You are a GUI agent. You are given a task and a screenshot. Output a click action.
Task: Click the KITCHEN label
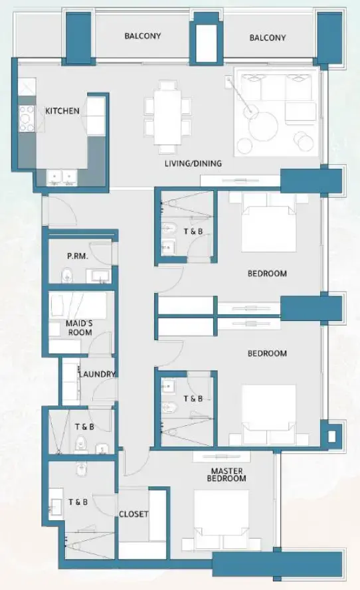[62, 111]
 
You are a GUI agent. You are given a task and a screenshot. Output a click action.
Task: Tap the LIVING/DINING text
[193, 163]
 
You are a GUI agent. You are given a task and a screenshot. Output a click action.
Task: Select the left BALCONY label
[143, 36]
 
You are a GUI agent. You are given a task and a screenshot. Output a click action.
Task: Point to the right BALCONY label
[268, 38]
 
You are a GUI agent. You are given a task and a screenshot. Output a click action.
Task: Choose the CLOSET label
[134, 514]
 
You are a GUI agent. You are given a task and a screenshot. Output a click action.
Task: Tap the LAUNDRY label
[96, 375]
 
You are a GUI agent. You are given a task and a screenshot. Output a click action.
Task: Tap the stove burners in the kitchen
[27, 118]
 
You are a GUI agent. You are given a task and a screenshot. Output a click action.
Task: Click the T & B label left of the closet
[78, 502]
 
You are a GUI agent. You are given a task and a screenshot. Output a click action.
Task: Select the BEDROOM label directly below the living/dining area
[267, 274]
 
